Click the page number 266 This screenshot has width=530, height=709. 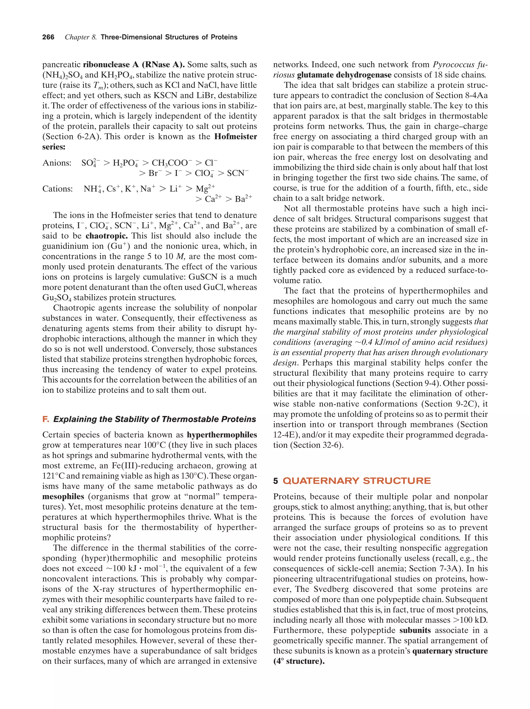tap(48, 37)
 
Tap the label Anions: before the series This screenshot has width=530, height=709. tap(57, 163)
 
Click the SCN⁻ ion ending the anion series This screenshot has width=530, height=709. tap(238, 173)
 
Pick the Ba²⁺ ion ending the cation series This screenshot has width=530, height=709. tap(243, 199)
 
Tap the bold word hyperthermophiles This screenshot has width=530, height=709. tap(222, 435)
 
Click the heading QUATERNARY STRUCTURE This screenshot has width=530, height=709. tap(357, 481)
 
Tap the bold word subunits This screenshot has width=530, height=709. tap(415, 630)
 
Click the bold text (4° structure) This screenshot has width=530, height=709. tap(299, 661)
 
